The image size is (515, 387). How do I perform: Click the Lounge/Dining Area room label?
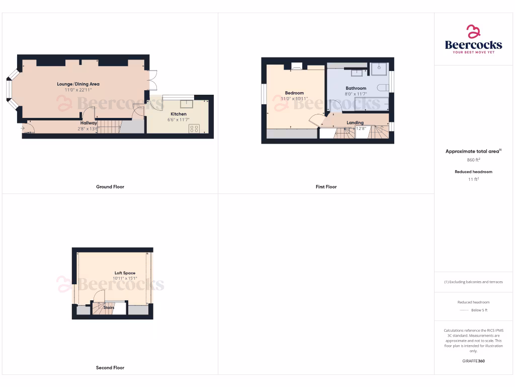click(x=78, y=84)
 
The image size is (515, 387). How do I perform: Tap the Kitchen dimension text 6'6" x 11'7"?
click(x=178, y=120)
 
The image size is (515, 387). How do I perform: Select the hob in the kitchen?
click(x=194, y=128)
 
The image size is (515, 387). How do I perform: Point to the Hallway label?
click(x=89, y=123)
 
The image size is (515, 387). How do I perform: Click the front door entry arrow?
click(x=23, y=128)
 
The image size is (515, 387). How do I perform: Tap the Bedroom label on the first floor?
click(x=294, y=93)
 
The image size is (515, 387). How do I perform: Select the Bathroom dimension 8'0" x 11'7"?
click(x=356, y=94)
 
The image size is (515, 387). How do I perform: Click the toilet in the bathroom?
click(x=382, y=88)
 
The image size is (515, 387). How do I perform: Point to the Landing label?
click(x=355, y=122)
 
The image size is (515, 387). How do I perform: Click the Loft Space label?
click(x=125, y=273)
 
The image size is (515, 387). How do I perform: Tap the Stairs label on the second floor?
click(x=109, y=307)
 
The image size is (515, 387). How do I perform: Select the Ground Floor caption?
click(x=110, y=187)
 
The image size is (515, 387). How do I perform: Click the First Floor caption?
click(x=326, y=187)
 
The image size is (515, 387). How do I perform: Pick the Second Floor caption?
click(x=110, y=368)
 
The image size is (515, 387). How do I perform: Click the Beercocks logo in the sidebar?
click(x=473, y=40)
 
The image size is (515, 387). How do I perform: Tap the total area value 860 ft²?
click(x=473, y=160)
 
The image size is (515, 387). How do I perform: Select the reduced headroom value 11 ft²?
click(x=473, y=179)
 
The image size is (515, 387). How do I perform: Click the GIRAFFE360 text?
click(x=473, y=361)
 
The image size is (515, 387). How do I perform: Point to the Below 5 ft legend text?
click(x=479, y=310)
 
